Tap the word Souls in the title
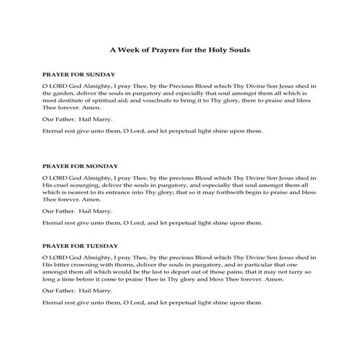(x=234, y=51)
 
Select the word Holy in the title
(x=212, y=51)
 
